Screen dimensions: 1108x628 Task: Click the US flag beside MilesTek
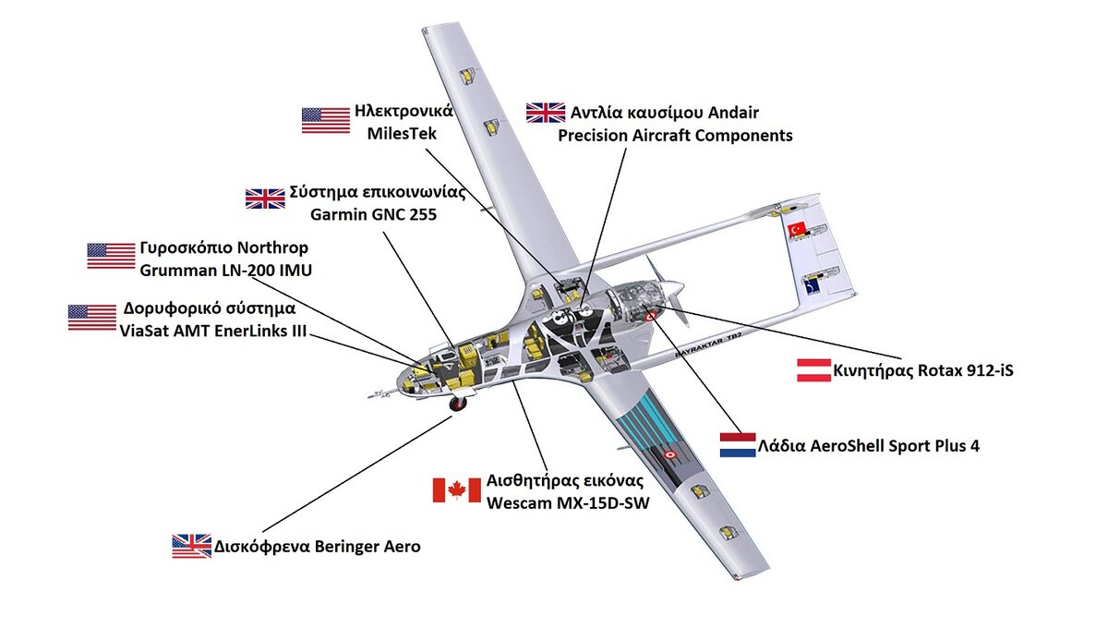coord(325,120)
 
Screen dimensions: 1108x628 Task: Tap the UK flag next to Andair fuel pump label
coord(545,113)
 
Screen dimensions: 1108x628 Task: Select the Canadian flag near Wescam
coord(456,489)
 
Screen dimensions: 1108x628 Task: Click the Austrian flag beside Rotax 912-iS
coord(813,370)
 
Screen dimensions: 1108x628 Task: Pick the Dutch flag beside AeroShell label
coord(738,445)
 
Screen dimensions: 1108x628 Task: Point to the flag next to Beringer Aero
coord(191,547)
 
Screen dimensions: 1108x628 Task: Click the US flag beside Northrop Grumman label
coord(111,256)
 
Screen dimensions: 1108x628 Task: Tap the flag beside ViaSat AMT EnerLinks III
coord(92,318)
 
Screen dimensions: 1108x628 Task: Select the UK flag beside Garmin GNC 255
coord(265,199)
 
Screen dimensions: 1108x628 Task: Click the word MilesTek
coord(402,134)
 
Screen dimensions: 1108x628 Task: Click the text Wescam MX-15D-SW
coord(568,502)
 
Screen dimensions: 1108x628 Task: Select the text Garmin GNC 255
coord(373,215)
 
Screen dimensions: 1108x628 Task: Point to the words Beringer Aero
coord(367,547)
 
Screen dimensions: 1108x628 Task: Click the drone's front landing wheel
coord(458,404)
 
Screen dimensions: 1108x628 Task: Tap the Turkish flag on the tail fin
coord(797,229)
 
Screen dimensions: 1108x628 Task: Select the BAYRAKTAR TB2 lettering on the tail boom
coord(709,346)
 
